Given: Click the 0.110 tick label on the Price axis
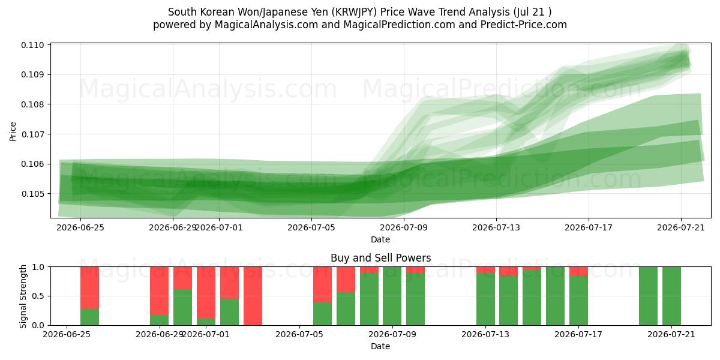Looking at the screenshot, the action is point(32,45).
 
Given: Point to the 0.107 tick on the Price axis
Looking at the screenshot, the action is point(32,134).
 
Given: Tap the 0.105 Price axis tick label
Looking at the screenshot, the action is point(32,194).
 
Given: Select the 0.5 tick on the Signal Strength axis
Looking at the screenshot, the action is point(38,296).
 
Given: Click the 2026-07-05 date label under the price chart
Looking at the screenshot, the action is point(311,227).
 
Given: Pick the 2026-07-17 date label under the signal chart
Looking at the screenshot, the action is point(578,334).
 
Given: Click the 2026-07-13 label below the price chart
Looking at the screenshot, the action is point(496,227).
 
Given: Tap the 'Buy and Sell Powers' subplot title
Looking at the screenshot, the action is point(380,258).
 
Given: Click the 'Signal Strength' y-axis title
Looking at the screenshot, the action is point(23,296).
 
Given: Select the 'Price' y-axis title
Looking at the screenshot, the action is point(13,131).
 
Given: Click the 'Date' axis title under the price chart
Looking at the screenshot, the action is point(380,239).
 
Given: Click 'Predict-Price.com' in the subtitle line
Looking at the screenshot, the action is point(524,25).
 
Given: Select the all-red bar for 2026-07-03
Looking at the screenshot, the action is point(253,296).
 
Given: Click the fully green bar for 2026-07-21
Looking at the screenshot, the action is point(671,296).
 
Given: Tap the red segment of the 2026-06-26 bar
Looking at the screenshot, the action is point(89,288).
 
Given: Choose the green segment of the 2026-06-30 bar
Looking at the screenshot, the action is point(182,307).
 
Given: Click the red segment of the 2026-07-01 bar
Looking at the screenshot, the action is point(206,293).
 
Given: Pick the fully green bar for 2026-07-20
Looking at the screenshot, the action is point(649,296).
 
